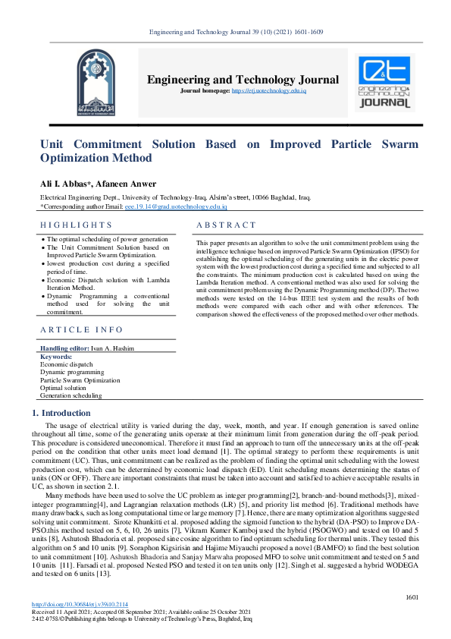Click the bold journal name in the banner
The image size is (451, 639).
pyautogui.click(x=243, y=80)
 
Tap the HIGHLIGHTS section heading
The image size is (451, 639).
pyautogui.click(x=76, y=225)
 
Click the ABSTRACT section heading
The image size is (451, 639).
pyautogui.click(x=226, y=225)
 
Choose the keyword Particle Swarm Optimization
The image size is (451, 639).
pyautogui.click(x=80, y=380)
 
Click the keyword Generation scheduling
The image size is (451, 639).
pyautogui.click(x=70, y=395)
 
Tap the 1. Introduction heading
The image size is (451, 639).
pyautogui.click(x=61, y=413)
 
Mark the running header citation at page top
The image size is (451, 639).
pyautogui.click(x=225, y=31)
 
